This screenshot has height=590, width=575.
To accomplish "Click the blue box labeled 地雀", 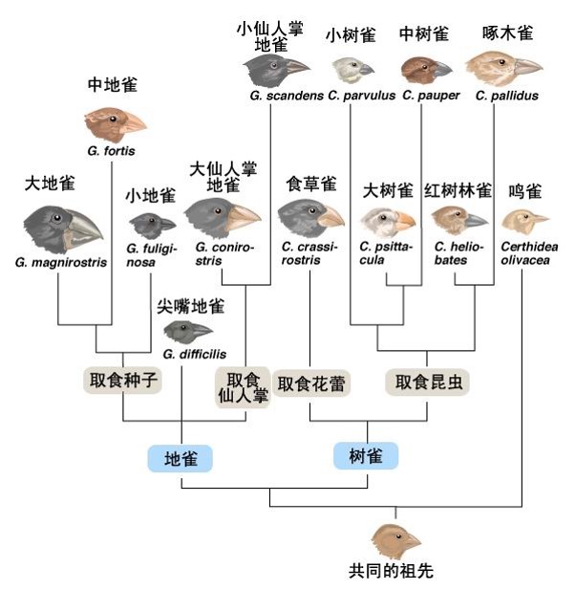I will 181,458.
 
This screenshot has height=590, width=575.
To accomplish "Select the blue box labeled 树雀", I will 365,456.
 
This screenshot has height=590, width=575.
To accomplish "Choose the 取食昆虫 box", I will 429,382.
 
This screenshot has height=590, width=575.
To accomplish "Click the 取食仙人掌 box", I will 244,386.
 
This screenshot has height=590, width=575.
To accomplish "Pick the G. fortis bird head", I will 115,122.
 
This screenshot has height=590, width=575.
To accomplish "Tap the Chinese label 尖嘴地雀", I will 191,306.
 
